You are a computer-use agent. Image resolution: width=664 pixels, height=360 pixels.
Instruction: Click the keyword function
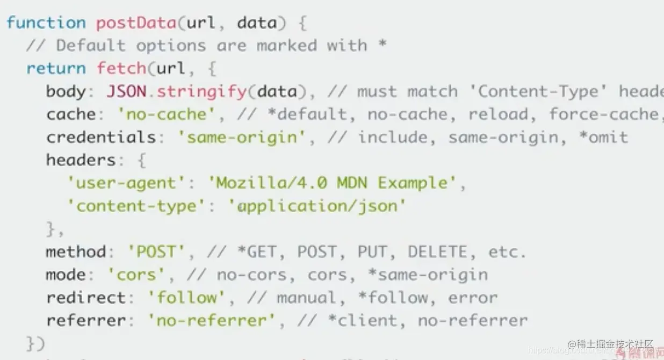tap(46, 23)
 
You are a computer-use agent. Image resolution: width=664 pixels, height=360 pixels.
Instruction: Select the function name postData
tap(136, 23)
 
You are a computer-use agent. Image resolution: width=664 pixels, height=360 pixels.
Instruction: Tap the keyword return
tap(56, 68)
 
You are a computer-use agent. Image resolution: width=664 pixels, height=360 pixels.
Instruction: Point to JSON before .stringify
tap(126, 91)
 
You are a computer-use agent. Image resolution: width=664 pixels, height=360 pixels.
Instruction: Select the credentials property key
tap(101, 137)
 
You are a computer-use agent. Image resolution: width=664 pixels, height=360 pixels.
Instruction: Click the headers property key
tap(81, 160)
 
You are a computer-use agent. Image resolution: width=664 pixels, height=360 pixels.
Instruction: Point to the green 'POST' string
tap(156, 251)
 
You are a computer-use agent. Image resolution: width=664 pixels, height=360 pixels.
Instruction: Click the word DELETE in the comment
tap(437, 251)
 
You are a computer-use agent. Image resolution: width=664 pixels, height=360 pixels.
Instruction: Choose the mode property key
tap(66, 275)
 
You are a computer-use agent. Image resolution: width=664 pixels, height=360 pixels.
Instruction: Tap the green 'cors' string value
tap(136, 275)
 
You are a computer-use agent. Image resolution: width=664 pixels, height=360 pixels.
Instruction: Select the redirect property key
tap(86, 298)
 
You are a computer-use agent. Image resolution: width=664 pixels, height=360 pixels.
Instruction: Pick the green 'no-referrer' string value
tap(211, 321)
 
